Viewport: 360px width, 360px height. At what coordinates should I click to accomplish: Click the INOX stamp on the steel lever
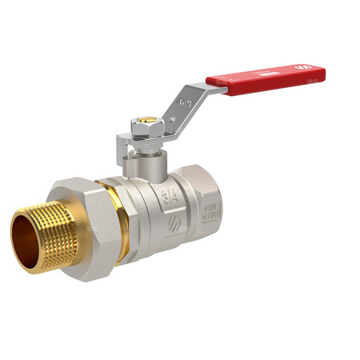point(186,102)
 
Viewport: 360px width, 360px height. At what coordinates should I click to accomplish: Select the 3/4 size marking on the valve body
point(170,197)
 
